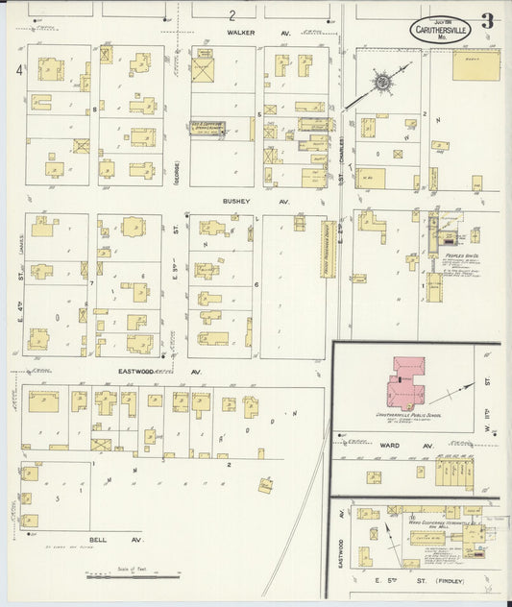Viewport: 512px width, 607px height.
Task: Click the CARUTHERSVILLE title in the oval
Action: [x=444, y=30]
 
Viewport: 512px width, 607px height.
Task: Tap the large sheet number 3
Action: [x=488, y=21]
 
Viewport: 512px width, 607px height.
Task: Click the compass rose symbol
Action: [x=382, y=84]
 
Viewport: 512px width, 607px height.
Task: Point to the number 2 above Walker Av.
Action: [x=232, y=15]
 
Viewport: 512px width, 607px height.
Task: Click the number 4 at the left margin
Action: [x=16, y=70]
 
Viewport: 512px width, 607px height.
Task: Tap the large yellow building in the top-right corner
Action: [x=475, y=65]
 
